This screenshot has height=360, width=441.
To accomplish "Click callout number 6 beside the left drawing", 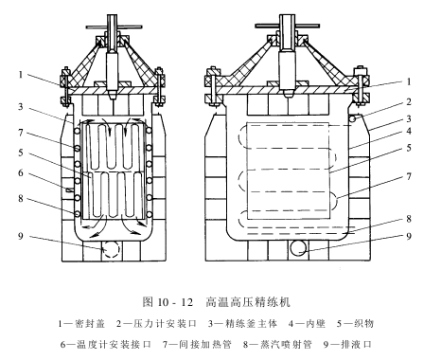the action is [21, 172].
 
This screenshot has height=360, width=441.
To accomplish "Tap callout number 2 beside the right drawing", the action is [409, 102].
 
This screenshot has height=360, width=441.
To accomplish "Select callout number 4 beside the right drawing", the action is [409, 131].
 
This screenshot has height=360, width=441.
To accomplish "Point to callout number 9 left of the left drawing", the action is [21, 236].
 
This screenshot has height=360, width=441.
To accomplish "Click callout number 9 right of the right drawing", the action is [409, 236].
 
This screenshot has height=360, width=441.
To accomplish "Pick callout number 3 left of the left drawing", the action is [21, 106].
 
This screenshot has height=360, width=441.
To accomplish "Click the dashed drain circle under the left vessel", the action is [111, 249].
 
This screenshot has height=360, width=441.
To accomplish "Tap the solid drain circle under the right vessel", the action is [298, 248].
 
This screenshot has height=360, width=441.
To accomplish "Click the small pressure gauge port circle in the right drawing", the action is [353, 119].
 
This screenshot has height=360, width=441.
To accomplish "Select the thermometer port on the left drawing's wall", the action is [69, 189].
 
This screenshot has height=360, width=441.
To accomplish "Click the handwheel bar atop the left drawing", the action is [115, 27].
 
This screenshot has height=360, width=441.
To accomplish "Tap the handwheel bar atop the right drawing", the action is [288, 26].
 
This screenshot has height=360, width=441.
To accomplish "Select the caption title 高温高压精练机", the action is [248, 302].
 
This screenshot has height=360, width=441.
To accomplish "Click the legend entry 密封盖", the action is [90, 324].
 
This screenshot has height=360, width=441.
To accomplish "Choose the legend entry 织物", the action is [363, 324].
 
